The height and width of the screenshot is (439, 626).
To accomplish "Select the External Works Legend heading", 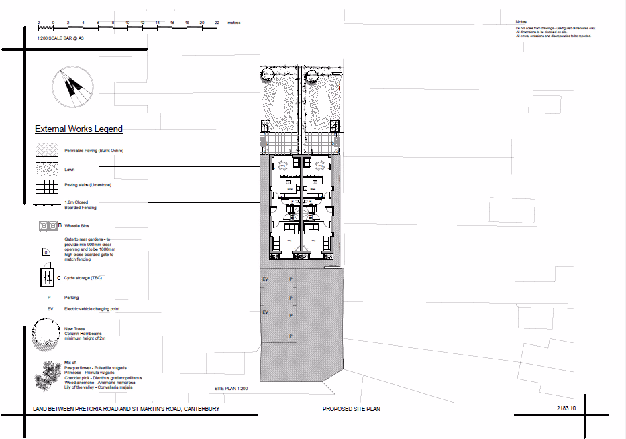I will click(79, 129).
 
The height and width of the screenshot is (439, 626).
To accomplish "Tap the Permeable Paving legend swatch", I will click(47, 151).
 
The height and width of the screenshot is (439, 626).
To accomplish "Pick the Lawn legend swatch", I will click(47, 169).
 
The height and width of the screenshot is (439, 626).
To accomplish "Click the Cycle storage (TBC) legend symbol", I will click(47, 277).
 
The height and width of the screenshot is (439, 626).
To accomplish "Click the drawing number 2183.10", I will click(567, 408).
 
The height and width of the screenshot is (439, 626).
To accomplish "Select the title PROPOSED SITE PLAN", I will click(352, 409).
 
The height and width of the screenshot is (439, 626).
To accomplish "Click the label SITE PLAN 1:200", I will click(231, 389).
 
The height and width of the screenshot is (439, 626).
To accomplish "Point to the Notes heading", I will click(522, 23).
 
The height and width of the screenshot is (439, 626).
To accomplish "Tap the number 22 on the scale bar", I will click(217, 23).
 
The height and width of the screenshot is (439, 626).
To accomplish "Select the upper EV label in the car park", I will click(265, 279).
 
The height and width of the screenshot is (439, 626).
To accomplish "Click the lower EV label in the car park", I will click(265, 313).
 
